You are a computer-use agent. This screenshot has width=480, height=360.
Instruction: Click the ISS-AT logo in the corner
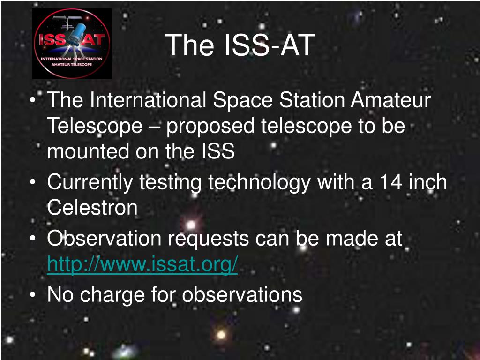(72, 44)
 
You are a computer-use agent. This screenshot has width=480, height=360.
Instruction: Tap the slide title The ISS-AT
(240, 45)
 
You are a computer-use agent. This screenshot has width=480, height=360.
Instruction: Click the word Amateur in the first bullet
(391, 100)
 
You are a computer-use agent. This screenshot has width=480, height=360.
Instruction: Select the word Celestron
(92, 208)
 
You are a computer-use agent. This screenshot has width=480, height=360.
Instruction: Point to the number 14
(391, 182)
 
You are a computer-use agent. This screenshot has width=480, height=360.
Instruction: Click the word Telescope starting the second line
(95, 126)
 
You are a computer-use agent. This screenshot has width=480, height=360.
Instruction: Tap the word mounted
(88, 151)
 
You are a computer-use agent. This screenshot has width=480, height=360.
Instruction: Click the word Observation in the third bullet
(104, 238)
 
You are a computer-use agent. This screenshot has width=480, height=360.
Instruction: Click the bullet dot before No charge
(33, 295)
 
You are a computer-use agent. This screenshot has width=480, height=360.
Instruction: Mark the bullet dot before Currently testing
(33, 182)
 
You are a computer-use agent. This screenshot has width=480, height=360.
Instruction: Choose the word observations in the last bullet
(242, 294)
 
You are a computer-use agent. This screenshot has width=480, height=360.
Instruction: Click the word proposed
(210, 127)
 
